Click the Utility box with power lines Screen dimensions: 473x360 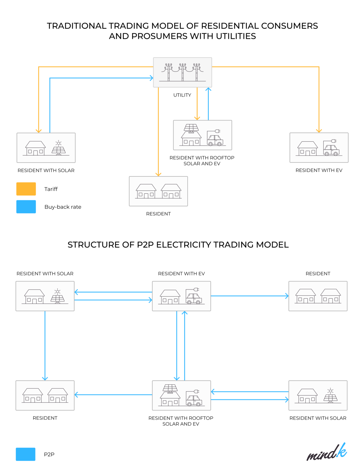[182, 72]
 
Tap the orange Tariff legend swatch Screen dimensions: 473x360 [26, 189]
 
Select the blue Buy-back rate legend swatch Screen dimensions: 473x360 [26, 207]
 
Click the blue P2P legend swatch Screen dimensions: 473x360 [26, 454]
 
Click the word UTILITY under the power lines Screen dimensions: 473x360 [182, 95]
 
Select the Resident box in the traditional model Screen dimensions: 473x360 [158, 191]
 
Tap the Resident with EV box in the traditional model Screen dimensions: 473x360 [319, 148]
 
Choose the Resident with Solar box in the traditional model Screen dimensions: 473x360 [46, 148]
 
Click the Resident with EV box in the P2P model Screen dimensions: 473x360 [181, 296]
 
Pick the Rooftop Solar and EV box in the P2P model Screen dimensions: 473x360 [181, 395]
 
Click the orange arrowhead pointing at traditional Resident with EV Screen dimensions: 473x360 [319, 131]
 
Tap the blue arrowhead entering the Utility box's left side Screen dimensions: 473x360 [151, 78]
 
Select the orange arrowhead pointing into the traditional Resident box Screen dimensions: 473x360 [158, 174]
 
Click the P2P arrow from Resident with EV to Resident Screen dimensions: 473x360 [250, 296]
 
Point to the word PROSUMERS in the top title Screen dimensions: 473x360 [160, 36]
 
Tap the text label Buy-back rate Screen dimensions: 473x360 [63, 207]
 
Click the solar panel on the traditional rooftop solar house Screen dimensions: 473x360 [191, 127]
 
